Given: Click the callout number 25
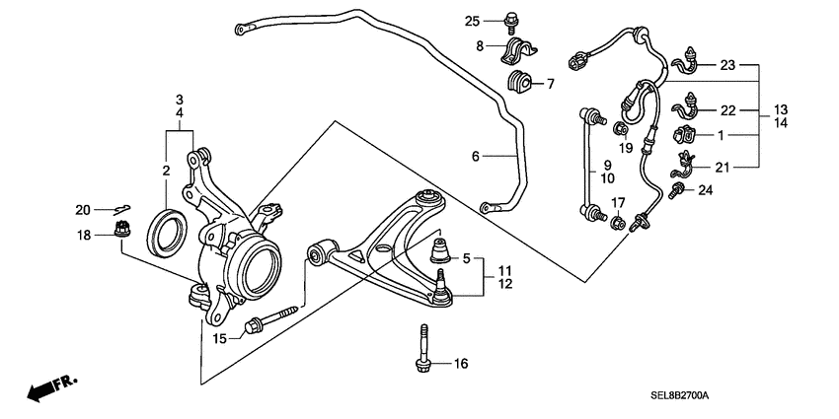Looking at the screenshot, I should [472, 21].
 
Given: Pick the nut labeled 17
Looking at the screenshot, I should [616, 224].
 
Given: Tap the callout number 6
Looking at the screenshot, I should [475, 157].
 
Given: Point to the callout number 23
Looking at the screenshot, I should [727, 66].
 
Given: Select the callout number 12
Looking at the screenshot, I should [503, 285].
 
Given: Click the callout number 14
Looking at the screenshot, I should [780, 123].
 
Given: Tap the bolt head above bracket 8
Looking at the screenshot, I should [511, 18].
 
